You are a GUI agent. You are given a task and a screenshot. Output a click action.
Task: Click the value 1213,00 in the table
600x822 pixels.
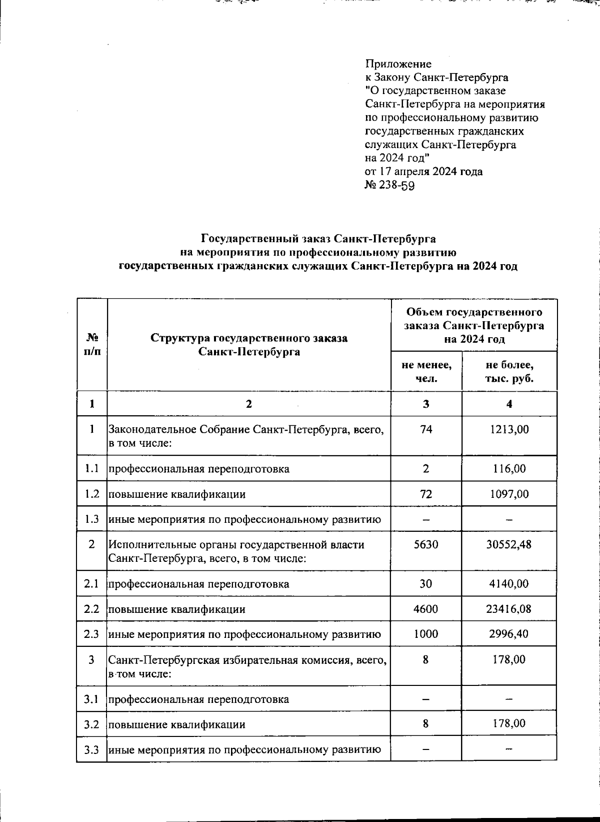509,429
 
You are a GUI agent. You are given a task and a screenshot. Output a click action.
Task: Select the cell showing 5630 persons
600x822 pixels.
426,544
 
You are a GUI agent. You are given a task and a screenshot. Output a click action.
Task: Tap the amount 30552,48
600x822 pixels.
509,544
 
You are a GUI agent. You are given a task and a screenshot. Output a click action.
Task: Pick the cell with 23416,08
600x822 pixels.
509,609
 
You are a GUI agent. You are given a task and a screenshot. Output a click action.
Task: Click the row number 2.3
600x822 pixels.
91,634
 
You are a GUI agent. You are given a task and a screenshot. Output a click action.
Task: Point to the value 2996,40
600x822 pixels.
509,634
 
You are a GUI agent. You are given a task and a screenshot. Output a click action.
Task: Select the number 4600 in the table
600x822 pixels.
426,609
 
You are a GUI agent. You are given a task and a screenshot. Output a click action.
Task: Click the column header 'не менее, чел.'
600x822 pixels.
426,371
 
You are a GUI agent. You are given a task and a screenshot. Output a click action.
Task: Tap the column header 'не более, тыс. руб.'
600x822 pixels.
509,371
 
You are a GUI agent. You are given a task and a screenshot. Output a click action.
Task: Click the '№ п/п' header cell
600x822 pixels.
92,344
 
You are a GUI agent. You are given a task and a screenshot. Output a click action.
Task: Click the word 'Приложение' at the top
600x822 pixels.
398,64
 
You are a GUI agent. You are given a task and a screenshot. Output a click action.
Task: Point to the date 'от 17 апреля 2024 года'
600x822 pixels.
424,172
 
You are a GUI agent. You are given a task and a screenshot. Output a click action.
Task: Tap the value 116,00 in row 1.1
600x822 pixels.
509,469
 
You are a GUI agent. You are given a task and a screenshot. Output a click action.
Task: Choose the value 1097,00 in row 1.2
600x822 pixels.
509,494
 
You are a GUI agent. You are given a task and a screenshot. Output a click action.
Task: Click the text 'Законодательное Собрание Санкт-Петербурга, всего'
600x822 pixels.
246,429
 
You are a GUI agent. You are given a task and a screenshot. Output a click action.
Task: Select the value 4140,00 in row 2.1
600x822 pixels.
509,583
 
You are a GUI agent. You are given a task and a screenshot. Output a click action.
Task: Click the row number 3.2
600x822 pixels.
91,724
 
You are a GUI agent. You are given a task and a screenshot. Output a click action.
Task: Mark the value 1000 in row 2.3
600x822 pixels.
426,634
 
